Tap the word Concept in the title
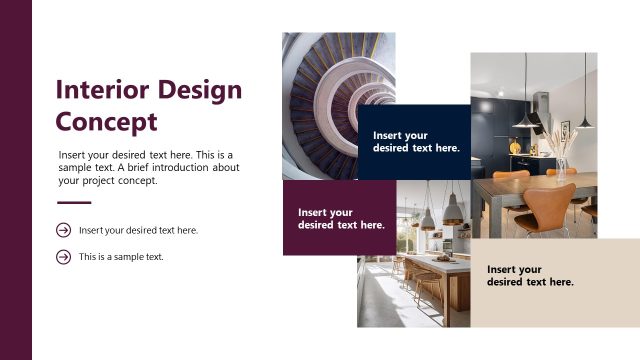(107, 122)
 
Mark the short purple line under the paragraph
(74, 203)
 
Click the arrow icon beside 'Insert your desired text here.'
(64, 230)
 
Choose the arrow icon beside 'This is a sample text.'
(64, 257)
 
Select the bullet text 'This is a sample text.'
(121, 257)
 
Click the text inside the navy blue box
(416, 141)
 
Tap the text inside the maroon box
(341, 218)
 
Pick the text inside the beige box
(530, 275)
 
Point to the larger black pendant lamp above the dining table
(523, 117)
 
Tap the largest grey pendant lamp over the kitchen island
(452, 209)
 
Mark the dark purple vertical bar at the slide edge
(16, 180)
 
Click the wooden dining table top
(500, 190)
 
